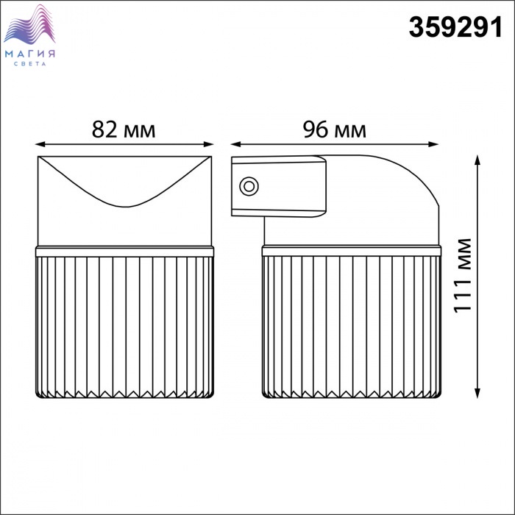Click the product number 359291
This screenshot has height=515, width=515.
455,27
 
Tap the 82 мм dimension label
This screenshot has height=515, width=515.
124,129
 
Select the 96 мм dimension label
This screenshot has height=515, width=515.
334,129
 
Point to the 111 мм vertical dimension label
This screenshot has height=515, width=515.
463,275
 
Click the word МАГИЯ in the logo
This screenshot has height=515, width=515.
30,54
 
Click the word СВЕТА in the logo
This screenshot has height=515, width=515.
30,64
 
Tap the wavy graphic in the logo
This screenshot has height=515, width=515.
29,24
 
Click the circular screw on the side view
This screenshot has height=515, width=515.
249,186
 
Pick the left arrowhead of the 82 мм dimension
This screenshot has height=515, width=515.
40,144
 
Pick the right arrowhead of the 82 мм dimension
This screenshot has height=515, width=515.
209,144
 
